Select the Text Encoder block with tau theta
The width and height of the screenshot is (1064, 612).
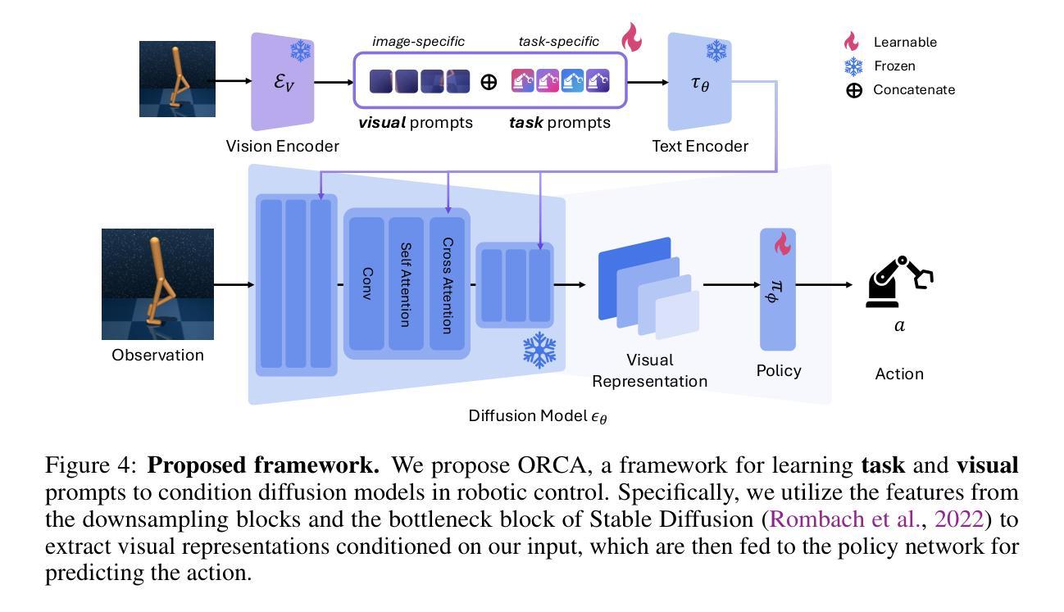pos(699,82)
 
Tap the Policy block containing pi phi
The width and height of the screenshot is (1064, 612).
pos(778,289)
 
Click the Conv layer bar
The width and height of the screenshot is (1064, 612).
pos(367,283)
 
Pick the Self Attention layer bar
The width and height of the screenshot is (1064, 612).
pos(406,283)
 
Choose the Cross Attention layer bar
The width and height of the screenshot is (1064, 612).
pos(447,283)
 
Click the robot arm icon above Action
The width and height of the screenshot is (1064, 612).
pos(898,283)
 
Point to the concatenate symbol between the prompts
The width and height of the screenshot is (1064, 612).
pos(489,82)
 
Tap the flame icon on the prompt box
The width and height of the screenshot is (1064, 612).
pos(631,38)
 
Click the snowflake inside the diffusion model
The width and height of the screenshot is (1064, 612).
pos(539,351)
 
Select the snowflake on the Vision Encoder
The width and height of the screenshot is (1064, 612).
pos(301,51)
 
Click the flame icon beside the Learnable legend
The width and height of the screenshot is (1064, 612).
pos(853,42)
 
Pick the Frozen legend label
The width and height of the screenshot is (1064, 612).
pos(894,66)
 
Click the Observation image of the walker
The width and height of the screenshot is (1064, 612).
pos(157,284)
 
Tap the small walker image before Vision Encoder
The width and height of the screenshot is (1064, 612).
pos(177,79)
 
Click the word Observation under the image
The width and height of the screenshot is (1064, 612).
pos(157,355)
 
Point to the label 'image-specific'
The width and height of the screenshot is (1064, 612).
pos(418,41)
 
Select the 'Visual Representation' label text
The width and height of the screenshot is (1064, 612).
pos(649,370)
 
